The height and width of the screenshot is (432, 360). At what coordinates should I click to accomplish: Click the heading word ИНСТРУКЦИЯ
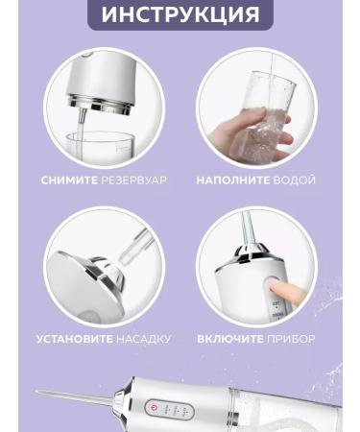tap(180, 15)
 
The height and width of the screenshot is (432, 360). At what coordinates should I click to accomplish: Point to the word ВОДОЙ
tap(295, 180)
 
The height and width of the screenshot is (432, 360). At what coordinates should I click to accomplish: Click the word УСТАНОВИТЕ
tap(75, 339)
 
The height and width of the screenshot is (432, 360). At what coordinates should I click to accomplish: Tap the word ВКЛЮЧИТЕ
tap(230, 339)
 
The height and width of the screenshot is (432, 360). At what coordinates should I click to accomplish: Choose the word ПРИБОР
tap(291, 339)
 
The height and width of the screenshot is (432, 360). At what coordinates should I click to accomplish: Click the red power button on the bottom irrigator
tap(153, 408)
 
